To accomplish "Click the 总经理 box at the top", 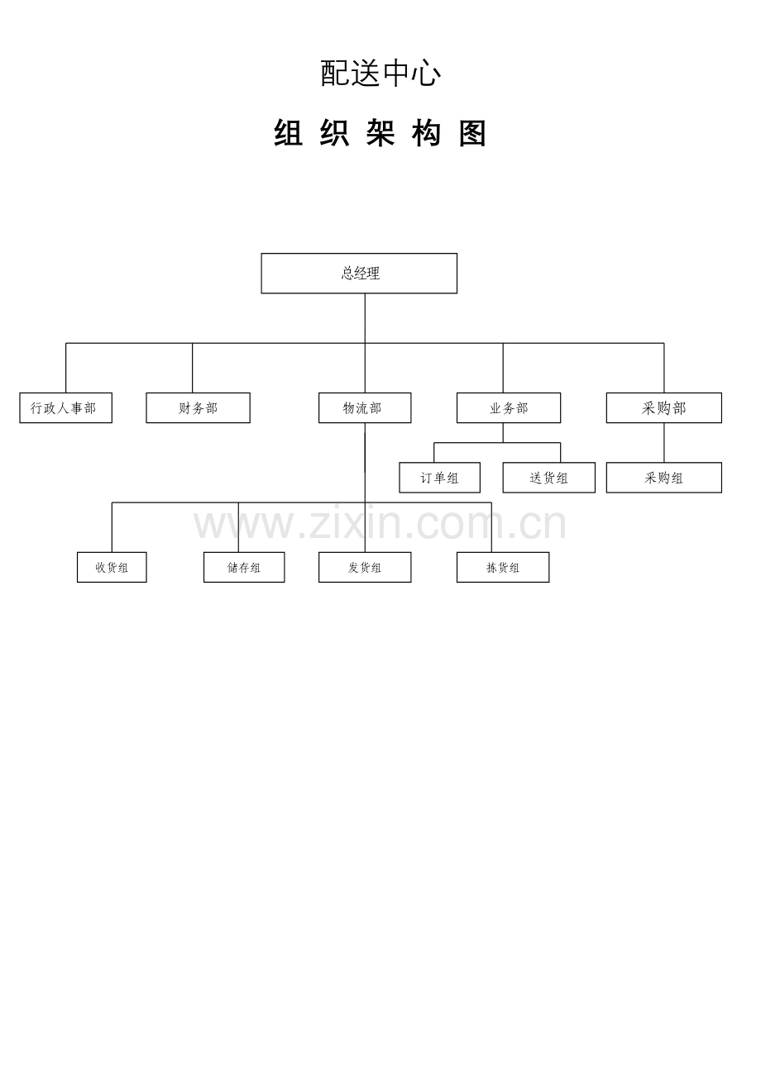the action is (359, 273).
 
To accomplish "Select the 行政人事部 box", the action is (66, 407).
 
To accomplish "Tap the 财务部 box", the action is (198, 407).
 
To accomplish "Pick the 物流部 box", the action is (365, 407).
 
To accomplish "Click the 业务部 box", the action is (509, 407).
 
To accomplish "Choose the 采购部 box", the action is (664, 407).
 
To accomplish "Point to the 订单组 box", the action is (439, 478).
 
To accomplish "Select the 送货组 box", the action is (549, 478).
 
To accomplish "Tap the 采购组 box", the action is (664, 478).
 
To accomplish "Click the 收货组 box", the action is (112, 567).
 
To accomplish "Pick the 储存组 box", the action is (244, 567).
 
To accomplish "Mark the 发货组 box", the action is (365, 567).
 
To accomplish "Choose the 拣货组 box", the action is (503, 567).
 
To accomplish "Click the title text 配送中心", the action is (380, 74).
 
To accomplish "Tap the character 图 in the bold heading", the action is (472, 133).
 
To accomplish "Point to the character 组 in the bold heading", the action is (289, 133).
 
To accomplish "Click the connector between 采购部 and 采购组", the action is (664, 442).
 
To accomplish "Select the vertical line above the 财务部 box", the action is (192, 368).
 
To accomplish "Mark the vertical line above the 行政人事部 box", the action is (66, 368).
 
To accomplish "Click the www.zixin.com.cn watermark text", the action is (380, 524).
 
